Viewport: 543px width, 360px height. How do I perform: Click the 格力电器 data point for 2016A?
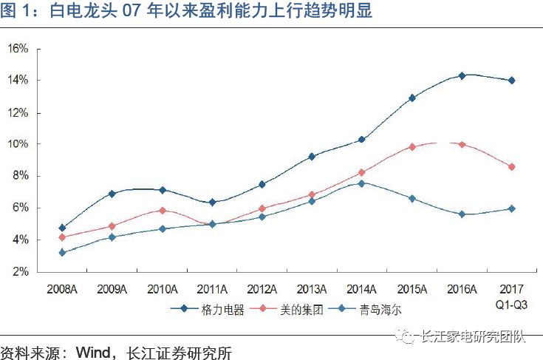tap(462, 75)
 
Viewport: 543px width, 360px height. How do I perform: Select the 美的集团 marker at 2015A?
tap(412, 147)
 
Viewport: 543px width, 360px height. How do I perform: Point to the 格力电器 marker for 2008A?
tap(62, 228)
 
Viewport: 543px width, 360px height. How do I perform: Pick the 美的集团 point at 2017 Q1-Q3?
tap(511, 167)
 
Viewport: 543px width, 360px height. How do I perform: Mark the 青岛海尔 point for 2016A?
tap(462, 214)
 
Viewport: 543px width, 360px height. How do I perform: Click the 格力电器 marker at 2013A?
tap(312, 157)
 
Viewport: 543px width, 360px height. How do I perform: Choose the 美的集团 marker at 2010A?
tap(162, 211)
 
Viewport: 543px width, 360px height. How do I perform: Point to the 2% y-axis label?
tap(19, 272)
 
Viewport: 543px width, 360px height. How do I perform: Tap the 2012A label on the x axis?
tap(262, 288)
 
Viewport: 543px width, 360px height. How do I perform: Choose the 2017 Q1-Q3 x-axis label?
tap(511, 295)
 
